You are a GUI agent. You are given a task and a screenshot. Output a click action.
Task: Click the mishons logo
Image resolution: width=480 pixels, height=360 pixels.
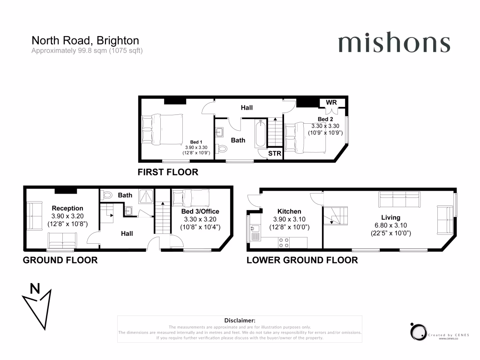tap(394, 44)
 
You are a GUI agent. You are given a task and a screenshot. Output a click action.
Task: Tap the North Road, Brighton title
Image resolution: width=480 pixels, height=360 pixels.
tap(85, 41)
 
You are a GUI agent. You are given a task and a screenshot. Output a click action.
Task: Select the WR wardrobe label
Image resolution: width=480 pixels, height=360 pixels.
tap(331, 102)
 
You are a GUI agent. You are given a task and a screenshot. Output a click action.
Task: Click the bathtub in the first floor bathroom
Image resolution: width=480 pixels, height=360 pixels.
tap(260, 133)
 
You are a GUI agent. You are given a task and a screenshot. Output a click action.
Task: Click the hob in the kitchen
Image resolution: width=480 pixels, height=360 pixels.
tap(284, 242)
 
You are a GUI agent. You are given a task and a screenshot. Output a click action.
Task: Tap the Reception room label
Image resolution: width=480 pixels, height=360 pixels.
tap(67, 208)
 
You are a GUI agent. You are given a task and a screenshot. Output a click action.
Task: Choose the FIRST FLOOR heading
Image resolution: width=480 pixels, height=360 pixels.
tap(168, 172)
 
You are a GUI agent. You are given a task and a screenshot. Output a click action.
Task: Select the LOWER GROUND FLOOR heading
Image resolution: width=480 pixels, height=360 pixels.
tap(302, 260)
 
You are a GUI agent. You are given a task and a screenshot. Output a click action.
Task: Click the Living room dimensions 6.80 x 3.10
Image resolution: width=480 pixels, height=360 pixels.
tap(390, 225)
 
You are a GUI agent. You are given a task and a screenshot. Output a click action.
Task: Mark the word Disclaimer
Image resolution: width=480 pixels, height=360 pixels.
tap(240, 320)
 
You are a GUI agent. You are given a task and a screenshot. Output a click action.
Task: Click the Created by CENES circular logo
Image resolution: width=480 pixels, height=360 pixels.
tap(417, 331)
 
